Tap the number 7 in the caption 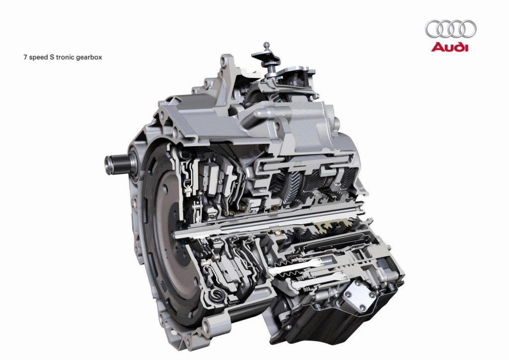click(x=25, y=57)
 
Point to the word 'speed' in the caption click(x=39, y=58)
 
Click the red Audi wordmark click(x=450, y=47)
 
